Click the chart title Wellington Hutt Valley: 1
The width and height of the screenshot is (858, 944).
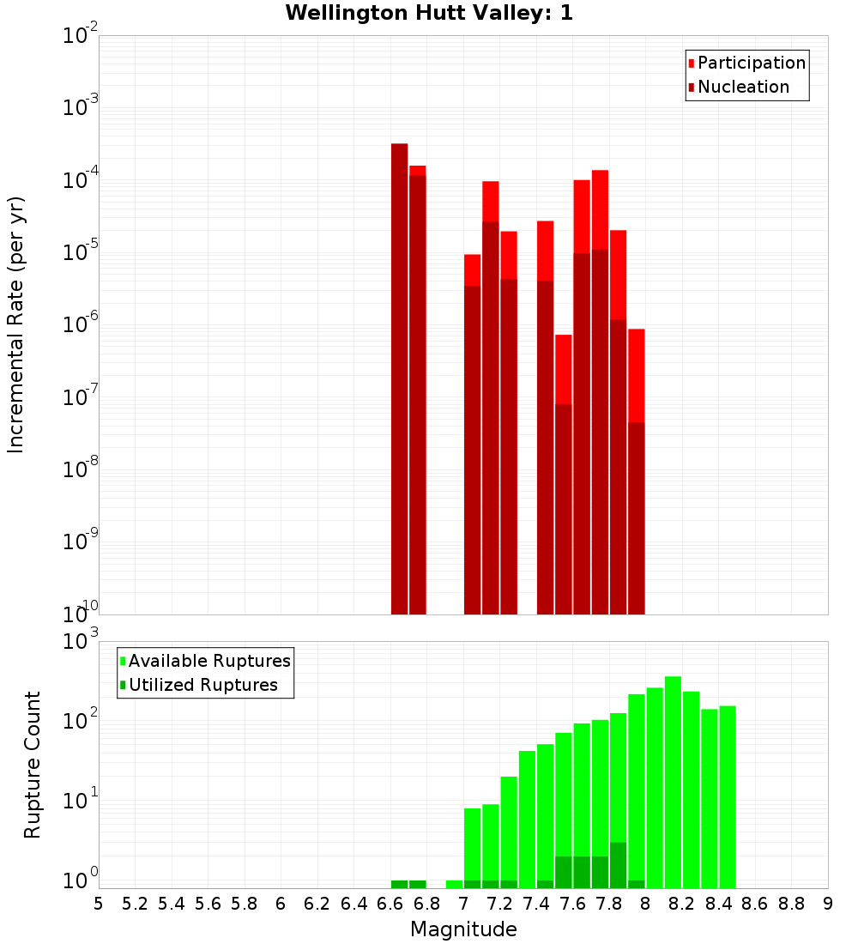point(429,13)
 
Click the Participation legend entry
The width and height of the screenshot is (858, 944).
point(751,63)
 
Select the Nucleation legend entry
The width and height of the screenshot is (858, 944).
point(742,87)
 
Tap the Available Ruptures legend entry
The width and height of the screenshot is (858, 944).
point(208,661)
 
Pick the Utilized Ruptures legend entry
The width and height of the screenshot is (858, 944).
point(202,685)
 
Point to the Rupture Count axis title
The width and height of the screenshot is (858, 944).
point(33,764)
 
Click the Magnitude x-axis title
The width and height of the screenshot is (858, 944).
point(463,929)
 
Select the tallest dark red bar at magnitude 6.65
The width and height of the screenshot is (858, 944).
point(399,378)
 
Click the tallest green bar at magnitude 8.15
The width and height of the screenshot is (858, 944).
point(673,781)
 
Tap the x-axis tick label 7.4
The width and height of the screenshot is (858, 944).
point(536,904)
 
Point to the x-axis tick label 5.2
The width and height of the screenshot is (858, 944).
point(135,904)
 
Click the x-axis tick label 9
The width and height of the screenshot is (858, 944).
point(827,904)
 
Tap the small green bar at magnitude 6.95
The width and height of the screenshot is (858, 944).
point(454,884)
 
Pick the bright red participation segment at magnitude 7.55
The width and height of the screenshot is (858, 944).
point(563,369)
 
